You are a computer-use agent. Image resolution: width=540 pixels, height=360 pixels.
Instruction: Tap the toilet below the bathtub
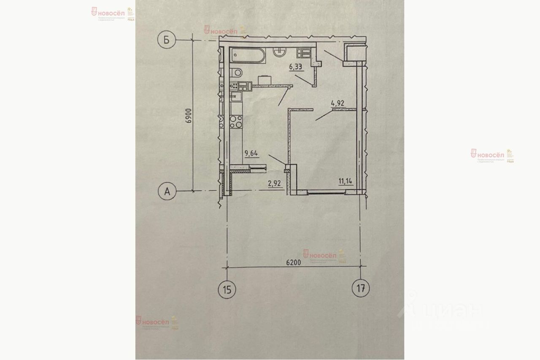(237, 72)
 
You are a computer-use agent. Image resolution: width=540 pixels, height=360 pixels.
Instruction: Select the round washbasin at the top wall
(279, 51)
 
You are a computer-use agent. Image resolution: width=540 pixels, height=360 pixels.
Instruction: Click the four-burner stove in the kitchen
(236, 122)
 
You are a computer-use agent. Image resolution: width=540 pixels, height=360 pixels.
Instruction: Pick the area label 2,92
(275, 183)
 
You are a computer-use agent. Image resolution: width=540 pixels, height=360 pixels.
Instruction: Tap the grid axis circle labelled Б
(167, 40)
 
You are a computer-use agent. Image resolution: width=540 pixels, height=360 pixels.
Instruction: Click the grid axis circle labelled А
(167, 192)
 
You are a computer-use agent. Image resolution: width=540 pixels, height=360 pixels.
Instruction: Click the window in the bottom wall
(326, 193)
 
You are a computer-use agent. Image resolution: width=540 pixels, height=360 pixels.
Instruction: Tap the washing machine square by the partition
(264, 80)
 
